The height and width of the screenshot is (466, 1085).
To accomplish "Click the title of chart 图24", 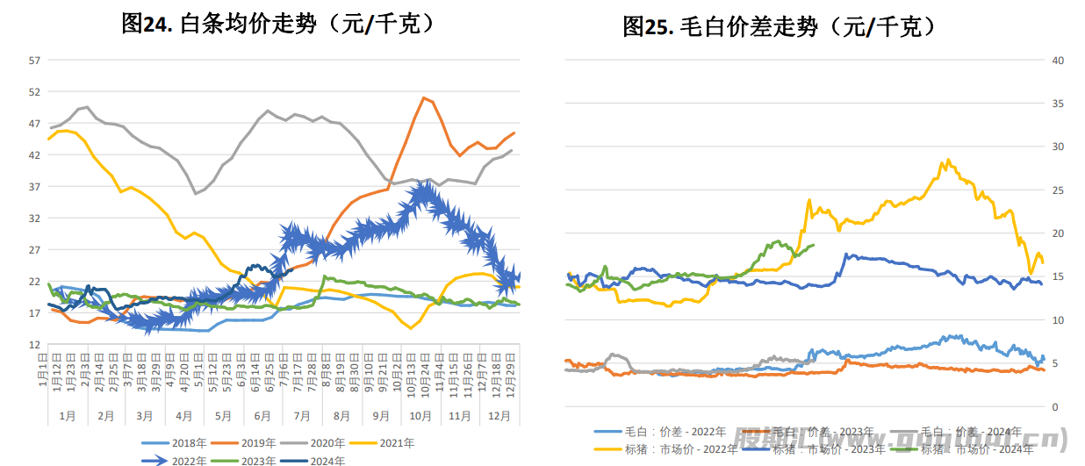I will (278, 25).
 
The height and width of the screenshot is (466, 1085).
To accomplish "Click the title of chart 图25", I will (780, 27).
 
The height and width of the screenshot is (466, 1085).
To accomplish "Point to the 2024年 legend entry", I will (327, 460).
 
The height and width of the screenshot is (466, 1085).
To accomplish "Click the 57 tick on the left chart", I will (34, 61).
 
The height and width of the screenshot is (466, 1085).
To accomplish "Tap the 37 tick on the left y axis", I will (34, 187).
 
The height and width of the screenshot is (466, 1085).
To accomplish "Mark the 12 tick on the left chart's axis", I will (34, 345).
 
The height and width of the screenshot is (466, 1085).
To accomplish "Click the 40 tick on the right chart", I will (1058, 61).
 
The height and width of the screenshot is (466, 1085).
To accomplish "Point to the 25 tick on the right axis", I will (1058, 190).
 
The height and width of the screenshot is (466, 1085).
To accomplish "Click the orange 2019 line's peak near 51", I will (424, 97).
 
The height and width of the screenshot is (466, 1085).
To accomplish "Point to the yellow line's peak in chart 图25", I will (947, 160).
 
